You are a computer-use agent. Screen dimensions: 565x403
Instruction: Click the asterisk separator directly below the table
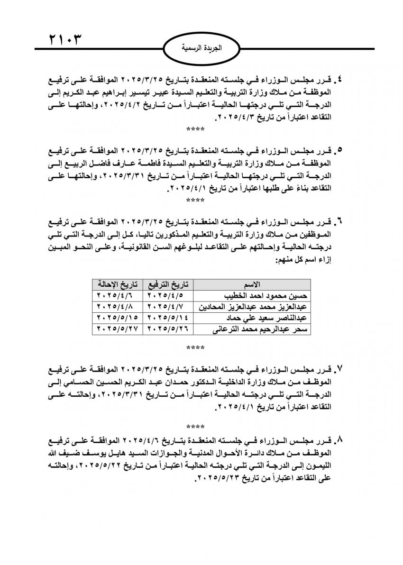pos(195,348)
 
